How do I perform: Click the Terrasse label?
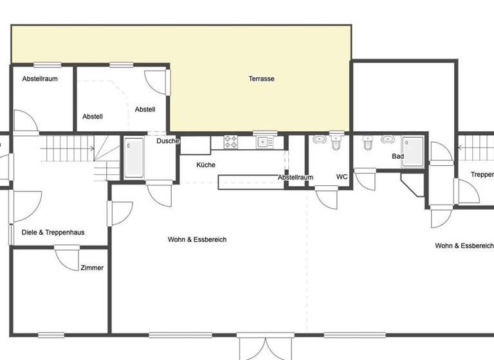tap(262, 78)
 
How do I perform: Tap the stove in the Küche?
tap(232, 141)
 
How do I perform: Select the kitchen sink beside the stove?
tap(262, 141)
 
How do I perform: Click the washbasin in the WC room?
tap(319, 139)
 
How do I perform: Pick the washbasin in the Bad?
tap(387, 139)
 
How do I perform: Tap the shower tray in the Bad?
tap(413, 152)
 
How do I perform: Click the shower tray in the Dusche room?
tap(134, 158)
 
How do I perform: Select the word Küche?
tap(206, 165)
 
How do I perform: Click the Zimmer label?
tap(92, 268)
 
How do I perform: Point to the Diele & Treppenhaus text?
tap(53, 233)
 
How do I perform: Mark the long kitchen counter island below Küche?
tap(252, 184)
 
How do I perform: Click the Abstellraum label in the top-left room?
tap(40, 78)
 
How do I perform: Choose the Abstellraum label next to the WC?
tap(295, 177)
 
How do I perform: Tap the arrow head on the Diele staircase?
tap(93, 148)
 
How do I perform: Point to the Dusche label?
tap(168, 141)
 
